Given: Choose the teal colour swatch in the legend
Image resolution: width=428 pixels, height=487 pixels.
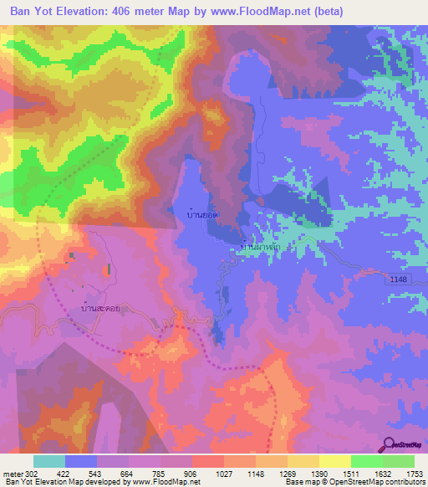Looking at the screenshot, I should click(x=49, y=461).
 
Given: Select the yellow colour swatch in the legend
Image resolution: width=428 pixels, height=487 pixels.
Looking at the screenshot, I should click(x=334, y=461).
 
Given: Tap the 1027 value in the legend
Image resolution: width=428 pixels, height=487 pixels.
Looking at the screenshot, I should click(x=223, y=473).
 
